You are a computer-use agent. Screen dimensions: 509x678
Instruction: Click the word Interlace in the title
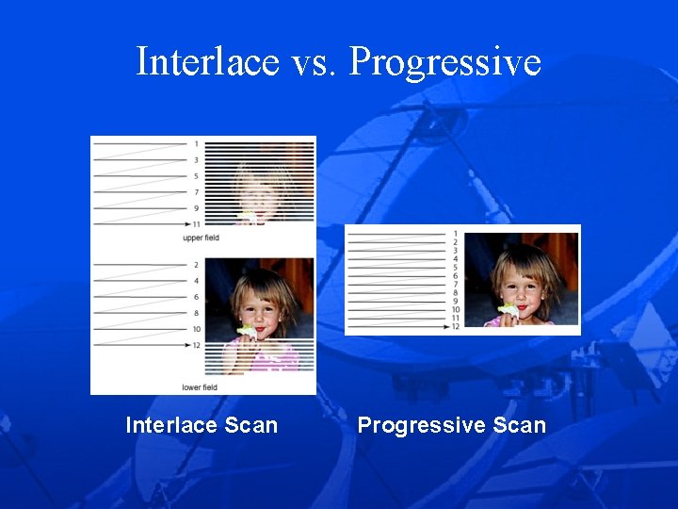tap(208, 62)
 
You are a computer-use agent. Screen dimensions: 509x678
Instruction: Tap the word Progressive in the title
tap(444, 62)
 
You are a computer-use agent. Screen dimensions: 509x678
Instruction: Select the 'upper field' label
tap(201, 238)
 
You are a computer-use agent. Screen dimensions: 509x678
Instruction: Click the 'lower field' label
tap(201, 387)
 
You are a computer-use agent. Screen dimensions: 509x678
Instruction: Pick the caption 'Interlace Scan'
tap(202, 425)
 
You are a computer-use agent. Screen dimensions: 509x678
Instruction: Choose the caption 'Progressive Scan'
tap(451, 425)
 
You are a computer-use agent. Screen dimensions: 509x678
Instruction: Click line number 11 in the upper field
tap(196, 224)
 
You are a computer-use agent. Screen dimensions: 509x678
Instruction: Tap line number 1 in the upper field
tap(196, 144)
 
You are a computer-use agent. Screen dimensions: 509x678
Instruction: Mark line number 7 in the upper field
tap(196, 192)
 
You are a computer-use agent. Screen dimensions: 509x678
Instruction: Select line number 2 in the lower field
tap(196, 265)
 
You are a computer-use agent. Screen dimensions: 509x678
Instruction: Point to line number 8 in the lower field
tap(196, 313)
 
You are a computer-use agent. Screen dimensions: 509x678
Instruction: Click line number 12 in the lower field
tap(196, 345)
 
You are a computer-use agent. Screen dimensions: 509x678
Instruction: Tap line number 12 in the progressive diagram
tap(456, 326)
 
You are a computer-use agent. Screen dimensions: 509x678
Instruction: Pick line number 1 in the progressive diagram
tap(456, 233)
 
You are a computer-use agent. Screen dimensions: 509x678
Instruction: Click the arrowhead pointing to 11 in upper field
tap(186, 224)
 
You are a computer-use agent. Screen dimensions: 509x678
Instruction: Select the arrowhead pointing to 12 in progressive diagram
tap(445, 326)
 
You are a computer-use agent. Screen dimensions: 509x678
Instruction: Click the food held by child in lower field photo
tap(248, 331)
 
